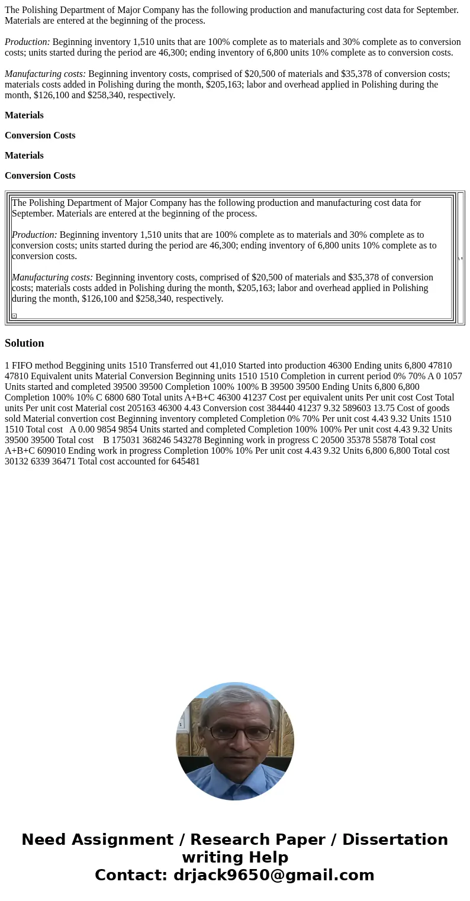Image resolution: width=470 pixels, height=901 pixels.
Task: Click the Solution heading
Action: point(24,343)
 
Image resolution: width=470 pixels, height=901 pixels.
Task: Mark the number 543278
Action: point(187,440)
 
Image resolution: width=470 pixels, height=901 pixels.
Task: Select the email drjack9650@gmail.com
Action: point(273,876)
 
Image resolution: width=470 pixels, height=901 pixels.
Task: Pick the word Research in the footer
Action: point(225,840)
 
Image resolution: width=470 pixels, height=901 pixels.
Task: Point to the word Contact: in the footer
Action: point(131,876)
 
